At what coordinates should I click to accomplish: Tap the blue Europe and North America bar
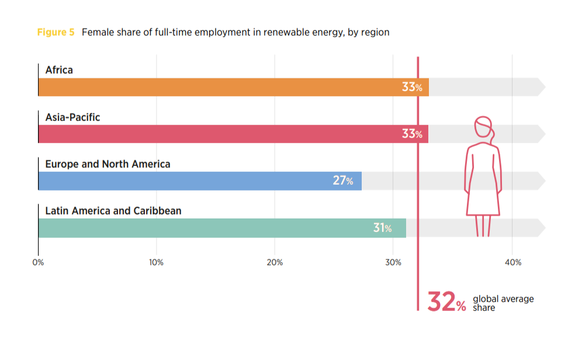[187, 181]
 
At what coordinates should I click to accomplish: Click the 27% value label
[343, 181]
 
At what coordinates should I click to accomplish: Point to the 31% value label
[383, 228]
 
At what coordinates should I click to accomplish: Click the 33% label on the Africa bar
[412, 87]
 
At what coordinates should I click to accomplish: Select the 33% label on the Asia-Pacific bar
[412, 134]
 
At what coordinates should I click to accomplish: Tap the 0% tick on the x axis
[38, 262]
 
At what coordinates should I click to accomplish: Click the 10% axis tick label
[156, 262]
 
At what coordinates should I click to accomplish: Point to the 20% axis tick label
[275, 262]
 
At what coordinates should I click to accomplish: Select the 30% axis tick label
[393, 262]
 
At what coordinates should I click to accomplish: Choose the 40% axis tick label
[512, 262]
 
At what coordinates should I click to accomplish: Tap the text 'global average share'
[503, 303]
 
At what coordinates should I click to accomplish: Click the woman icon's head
[484, 127]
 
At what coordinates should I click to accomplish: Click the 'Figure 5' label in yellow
[56, 32]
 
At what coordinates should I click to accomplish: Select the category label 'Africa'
[59, 70]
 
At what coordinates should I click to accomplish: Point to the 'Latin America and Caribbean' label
[113, 210]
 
